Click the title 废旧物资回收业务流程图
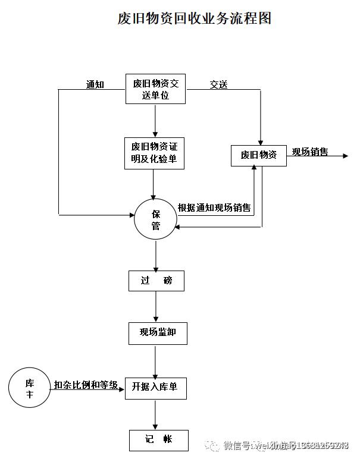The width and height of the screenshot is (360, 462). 194,18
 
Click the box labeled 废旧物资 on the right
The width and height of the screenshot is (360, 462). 258,155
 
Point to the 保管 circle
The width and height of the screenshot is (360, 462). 155,219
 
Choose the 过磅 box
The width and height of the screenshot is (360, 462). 156,281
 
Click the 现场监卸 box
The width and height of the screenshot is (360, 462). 157,333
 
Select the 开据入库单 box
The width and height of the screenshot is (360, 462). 155,387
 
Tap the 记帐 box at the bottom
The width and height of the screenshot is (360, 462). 158,440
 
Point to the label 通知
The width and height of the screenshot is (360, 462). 95,84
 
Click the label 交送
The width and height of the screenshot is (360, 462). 218,84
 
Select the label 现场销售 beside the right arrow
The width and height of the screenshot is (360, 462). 309,152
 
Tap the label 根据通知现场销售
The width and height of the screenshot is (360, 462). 214,208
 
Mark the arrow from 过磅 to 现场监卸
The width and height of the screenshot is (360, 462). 156,307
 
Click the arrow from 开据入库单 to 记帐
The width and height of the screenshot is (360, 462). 155,414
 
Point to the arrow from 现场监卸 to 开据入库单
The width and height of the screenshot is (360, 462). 155,360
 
